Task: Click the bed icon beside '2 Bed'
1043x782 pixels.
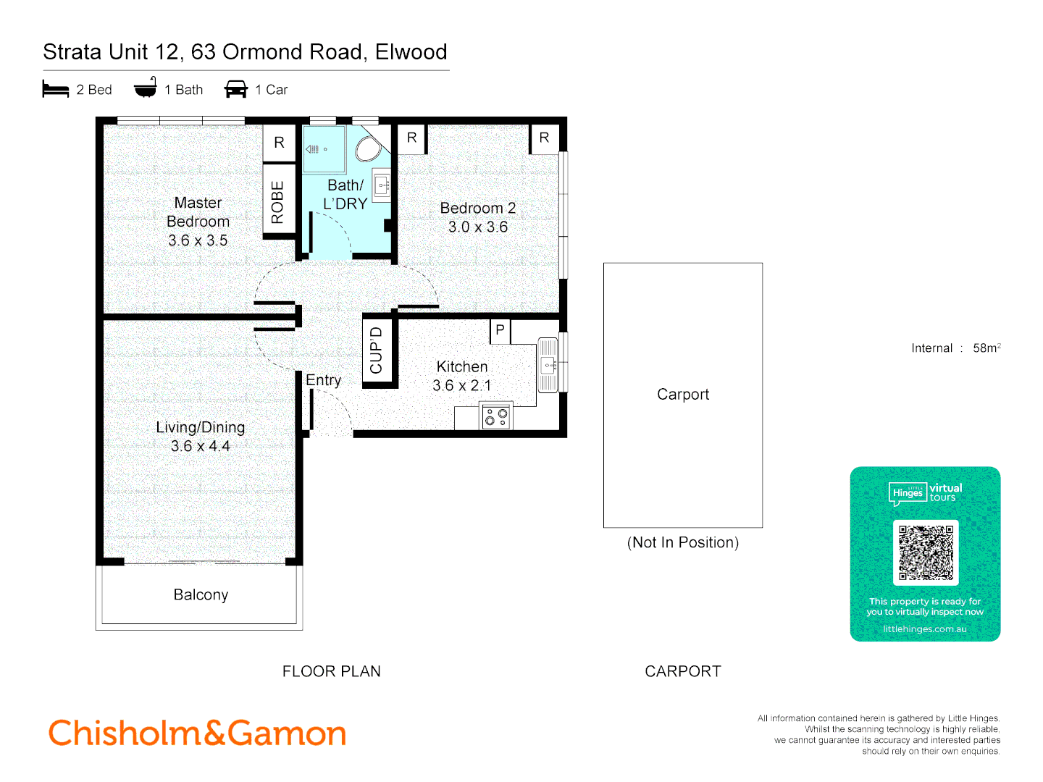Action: point(56,89)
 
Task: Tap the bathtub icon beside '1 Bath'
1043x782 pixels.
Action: point(145,88)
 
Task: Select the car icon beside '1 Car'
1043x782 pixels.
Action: point(236,89)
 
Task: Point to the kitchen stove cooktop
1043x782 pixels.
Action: point(496,416)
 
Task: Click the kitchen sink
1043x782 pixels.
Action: point(548,365)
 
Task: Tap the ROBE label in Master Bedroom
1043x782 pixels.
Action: point(277,202)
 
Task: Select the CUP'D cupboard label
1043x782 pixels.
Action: point(376,350)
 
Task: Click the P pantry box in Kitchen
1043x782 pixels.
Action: point(500,330)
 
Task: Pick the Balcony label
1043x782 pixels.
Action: point(201,594)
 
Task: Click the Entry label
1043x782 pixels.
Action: point(323,380)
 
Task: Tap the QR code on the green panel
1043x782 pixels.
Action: point(926,552)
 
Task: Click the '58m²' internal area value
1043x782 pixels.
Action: point(987,348)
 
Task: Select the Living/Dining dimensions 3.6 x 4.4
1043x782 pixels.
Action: point(201,446)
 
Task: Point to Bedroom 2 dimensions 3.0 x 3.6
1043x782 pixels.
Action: point(478,227)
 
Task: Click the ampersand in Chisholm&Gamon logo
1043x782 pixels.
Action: point(215,733)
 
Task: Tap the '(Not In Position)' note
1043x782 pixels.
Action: point(682,542)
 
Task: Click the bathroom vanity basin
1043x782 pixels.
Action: point(382,185)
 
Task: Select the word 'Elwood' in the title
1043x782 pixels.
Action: point(411,52)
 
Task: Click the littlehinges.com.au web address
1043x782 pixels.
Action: point(925,629)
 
